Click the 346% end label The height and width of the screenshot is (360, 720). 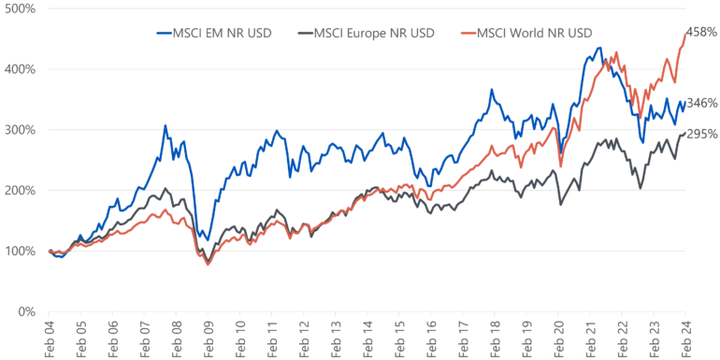701,103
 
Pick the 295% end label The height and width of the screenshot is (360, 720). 701,134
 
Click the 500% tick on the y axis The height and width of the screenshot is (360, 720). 20,8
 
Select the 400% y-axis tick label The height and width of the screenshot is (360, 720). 20,69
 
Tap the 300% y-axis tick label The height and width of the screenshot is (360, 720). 20,130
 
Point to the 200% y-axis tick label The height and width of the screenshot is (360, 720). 20,191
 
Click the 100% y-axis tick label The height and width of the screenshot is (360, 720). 20,251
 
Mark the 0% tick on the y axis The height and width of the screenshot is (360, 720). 26,311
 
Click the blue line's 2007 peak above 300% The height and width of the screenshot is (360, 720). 165,125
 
